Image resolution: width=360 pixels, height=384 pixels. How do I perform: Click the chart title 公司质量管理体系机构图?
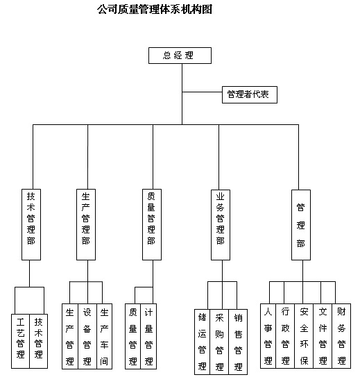click(155, 9)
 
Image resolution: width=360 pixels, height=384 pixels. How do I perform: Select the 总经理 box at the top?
click(180, 56)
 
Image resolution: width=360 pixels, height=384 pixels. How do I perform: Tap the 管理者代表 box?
click(250, 94)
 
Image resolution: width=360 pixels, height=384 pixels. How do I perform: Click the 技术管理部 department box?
click(31, 224)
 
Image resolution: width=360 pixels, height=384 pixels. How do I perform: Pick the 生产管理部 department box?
click(86, 224)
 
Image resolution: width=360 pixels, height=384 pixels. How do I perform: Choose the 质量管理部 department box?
click(152, 224)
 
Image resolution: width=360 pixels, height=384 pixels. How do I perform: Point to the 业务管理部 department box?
click(221, 224)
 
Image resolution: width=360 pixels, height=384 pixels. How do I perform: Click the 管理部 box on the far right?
click(301, 224)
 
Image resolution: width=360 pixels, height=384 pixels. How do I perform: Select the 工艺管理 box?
click(20, 341)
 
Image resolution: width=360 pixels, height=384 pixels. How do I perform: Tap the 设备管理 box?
click(87, 336)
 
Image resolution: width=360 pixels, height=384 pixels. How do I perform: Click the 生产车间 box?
click(105, 336)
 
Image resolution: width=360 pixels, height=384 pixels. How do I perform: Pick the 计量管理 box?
click(148, 336)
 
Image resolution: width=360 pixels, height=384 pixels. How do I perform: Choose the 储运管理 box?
click(202, 342)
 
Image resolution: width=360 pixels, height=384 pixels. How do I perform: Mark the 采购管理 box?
click(219, 342)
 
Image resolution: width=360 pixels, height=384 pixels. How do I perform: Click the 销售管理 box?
click(238, 342)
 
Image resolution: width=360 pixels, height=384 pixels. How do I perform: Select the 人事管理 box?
click(268, 336)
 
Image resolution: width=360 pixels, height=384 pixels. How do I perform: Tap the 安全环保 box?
click(304, 336)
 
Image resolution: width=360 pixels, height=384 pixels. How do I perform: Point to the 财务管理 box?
click(341, 336)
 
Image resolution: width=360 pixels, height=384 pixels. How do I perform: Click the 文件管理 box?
click(323, 336)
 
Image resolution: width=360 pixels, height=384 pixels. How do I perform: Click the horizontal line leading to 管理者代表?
click(202, 92)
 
